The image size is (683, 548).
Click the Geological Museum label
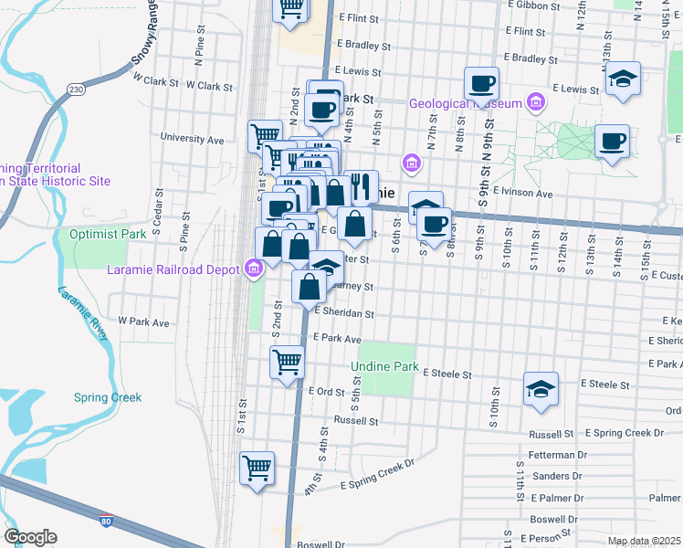[465, 103]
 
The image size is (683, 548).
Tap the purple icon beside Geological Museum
[532, 101]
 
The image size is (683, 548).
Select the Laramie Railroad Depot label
[174, 269]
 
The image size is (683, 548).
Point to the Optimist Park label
[109, 234]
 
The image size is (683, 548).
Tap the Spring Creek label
[108, 397]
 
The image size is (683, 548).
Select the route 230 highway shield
[76, 90]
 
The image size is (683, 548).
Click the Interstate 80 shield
[108, 519]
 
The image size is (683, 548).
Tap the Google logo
[30, 537]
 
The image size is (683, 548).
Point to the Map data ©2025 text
[644, 541]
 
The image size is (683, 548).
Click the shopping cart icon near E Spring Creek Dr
[257, 468]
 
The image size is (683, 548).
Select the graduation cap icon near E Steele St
[541, 389]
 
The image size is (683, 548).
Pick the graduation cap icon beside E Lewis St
[623, 79]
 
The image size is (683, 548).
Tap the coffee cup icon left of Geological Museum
[481, 84]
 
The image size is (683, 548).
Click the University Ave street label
[192, 140]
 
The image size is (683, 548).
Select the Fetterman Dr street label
[555, 454]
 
